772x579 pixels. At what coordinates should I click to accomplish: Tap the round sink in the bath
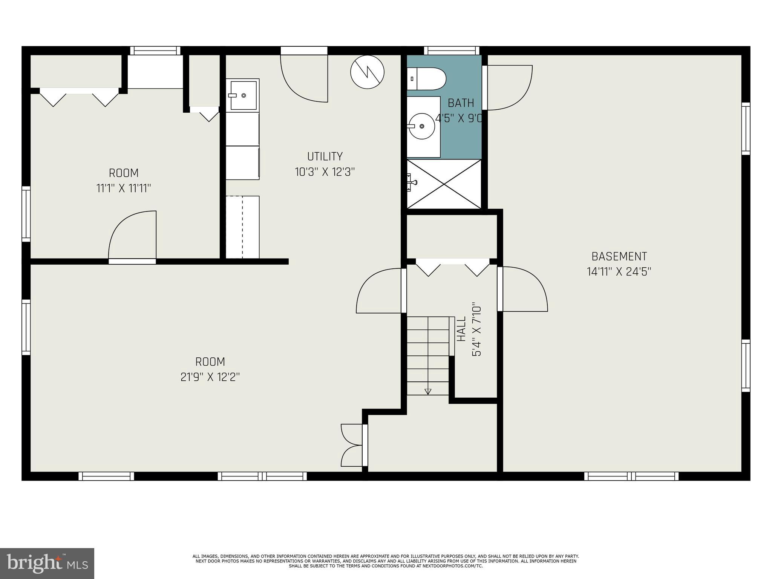[x=421, y=126]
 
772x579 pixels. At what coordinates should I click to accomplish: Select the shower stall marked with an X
[x=444, y=184]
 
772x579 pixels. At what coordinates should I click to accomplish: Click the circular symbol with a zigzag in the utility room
[x=367, y=72]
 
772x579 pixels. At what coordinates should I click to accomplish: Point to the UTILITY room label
[x=325, y=156]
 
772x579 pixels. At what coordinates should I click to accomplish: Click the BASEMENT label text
[x=619, y=256]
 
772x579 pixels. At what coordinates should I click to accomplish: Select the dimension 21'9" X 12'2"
[x=210, y=377]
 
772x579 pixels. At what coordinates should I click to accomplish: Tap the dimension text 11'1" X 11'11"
[x=124, y=188]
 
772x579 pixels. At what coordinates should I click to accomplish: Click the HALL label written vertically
[x=461, y=329]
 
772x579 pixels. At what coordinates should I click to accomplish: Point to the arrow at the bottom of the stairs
[x=427, y=392]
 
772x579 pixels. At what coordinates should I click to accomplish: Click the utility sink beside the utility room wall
[x=243, y=95]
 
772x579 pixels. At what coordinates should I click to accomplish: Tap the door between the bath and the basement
[x=509, y=88]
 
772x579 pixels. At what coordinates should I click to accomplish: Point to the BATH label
[x=461, y=103]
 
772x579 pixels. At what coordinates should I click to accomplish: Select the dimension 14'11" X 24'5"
[x=619, y=272]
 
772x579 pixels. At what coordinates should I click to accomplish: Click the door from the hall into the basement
[x=524, y=289]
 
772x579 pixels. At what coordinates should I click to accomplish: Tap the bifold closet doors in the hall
[x=452, y=268]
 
